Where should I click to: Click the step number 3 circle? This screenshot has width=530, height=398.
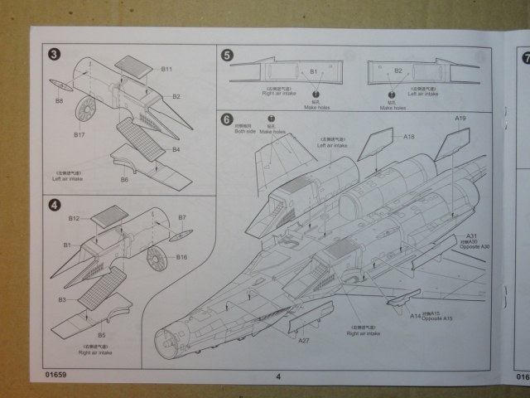[x=55, y=55]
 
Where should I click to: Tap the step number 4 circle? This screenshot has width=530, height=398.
[x=55, y=204]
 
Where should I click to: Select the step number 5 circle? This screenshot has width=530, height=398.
[x=227, y=55]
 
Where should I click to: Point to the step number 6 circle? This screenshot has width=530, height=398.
[x=227, y=119]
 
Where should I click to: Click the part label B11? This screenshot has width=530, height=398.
[x=166, y=69]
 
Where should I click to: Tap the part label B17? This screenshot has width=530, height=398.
[x=79, y=134]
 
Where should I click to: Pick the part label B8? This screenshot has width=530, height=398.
[x=59, y=101]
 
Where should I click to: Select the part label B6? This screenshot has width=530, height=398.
[x=125, y=179]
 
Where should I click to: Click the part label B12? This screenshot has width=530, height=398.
[x=75, y=218]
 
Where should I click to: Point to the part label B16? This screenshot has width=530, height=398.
[x=182, y=257]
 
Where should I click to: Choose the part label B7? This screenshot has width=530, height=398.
[x=182, y=217]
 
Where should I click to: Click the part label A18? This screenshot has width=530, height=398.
[x=408, y=135]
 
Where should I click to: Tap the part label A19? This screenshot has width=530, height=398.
[x=461, y=119]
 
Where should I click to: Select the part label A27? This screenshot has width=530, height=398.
[x=304, y=340]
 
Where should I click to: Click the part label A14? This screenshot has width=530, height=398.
[x=416, y=315]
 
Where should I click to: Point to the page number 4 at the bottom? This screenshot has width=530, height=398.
[x=278, y=376]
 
